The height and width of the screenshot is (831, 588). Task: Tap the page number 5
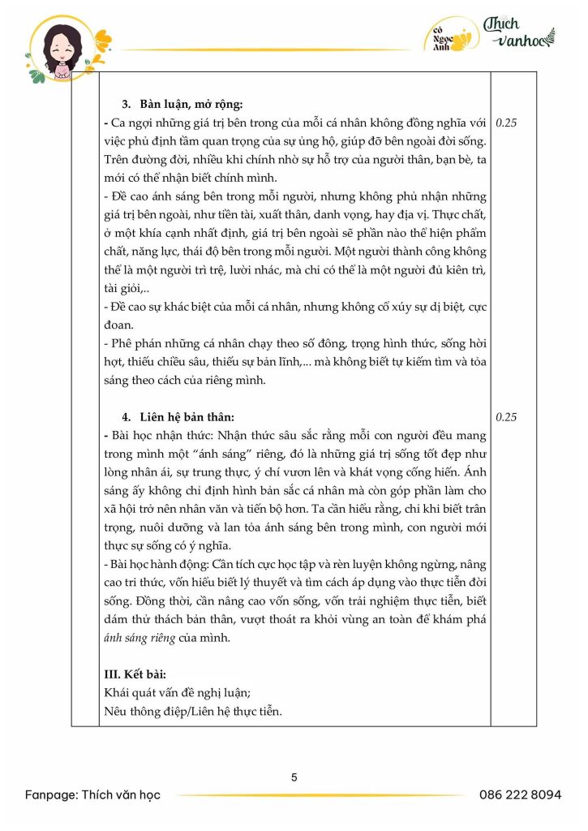coord(294,777)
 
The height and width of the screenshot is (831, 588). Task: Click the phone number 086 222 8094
coord(520,794)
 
